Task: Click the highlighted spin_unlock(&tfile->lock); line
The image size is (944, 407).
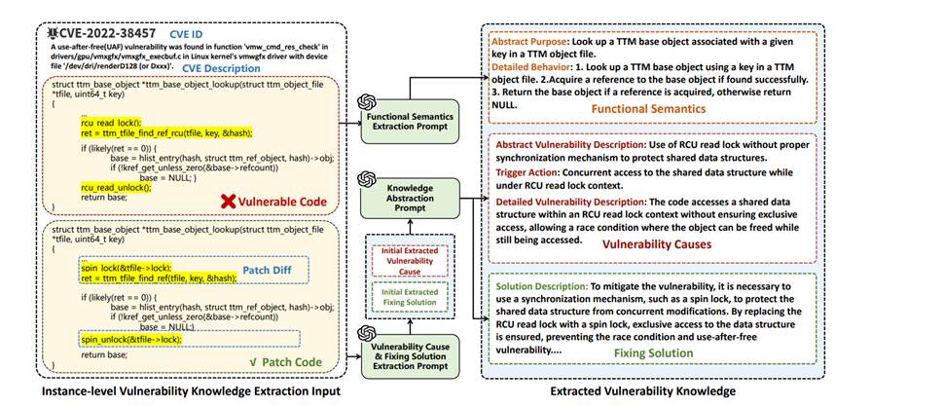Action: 129,339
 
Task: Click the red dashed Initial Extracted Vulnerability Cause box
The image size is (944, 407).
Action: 399,261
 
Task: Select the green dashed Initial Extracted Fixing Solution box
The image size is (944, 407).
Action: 399,298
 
